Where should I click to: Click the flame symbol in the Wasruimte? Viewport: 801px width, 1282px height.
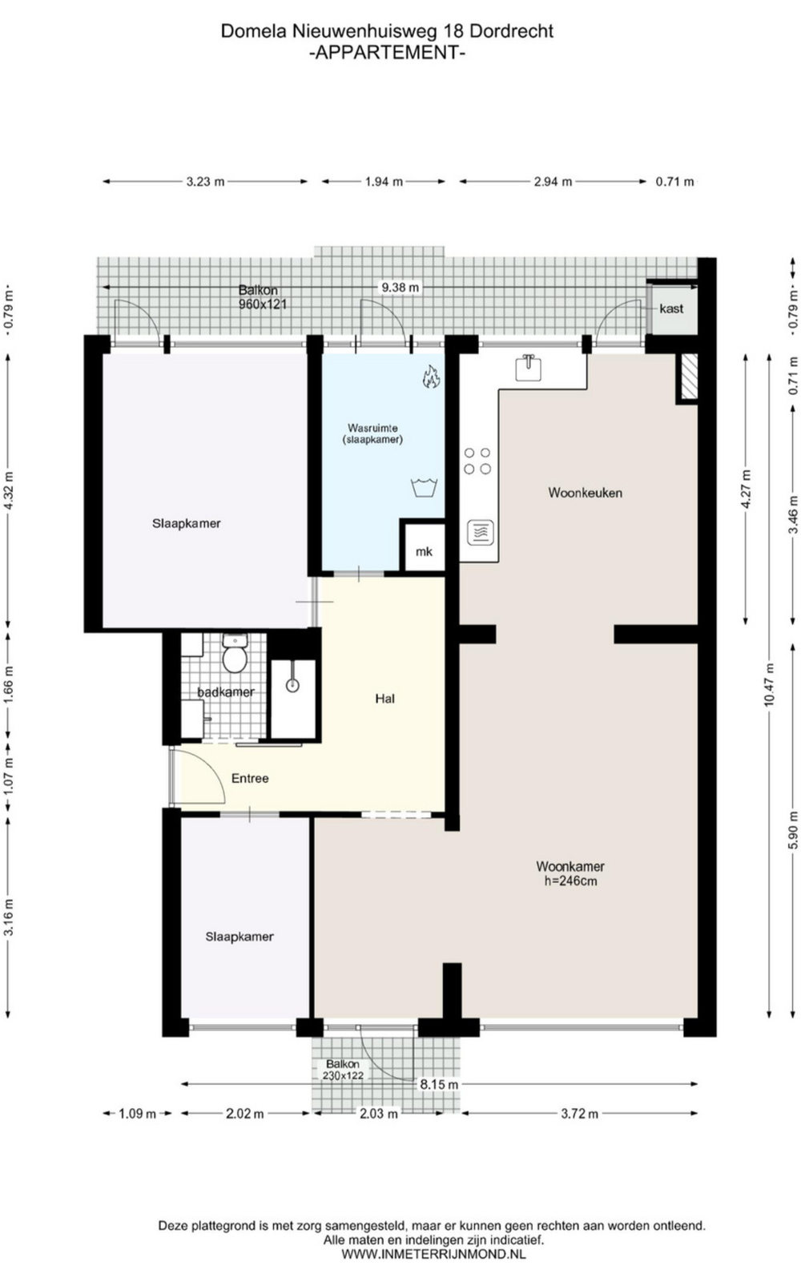(x=431, y=377)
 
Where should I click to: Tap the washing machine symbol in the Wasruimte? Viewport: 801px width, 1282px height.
(x=425, y=487)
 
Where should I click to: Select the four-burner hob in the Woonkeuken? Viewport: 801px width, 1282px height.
(x=477, y=461)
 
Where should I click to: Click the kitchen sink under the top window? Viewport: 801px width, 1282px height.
(x=529, y=368)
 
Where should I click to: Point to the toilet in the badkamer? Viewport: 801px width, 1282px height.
(x=234, y=653)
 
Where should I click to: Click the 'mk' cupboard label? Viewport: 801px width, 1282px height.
(x=424, y=552)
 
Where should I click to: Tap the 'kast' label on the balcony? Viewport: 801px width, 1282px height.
(x=671, y=308)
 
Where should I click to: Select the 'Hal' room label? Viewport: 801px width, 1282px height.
(x=385, y=698)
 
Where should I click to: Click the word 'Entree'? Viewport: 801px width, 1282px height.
(x=250, y=778)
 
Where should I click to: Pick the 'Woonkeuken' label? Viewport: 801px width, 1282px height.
(x=586, y=493)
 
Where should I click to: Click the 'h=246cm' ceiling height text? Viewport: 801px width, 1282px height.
(x=570, y=881)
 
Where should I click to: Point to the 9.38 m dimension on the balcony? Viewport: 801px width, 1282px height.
(x=400, y=288)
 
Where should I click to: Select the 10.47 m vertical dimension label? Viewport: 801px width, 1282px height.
(x=769, y=684)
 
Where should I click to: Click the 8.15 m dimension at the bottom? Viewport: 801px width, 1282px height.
(x=440, y=1085)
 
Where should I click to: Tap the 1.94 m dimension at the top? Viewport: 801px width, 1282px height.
(x=384, y=182)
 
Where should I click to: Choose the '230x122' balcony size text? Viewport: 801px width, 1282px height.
(x=344, y=1075)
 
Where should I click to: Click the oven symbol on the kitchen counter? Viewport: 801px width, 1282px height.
(x=481, y=532)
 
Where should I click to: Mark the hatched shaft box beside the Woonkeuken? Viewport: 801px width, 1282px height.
(x=686, y=376)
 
